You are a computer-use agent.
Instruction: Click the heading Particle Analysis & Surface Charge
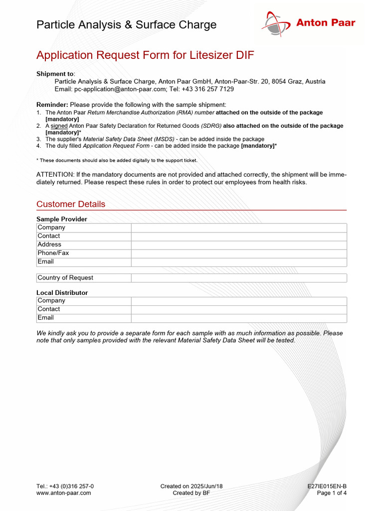coord(126,25)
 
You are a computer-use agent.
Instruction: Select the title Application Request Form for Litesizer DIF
coord(145,55)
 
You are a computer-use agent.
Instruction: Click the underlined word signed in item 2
coord(59,126)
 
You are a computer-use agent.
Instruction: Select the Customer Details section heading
coord(71,204)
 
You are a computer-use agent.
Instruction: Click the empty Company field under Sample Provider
coord(238,228)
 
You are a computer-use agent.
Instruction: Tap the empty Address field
coord(238,245)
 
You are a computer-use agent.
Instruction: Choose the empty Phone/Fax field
coord(238,253)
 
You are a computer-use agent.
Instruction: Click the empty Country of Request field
coord(238,278)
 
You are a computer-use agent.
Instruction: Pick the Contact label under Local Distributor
coord(49,309)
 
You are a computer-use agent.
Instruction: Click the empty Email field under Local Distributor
coord(238,318)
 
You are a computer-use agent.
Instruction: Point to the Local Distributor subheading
coord(62,293)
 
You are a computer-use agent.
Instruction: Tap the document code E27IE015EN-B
coord(327,486)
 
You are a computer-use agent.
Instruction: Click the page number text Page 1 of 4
coord(332,493)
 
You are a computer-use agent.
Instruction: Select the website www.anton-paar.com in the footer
coord(64,493)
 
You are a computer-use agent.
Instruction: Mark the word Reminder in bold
coord(52,105)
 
